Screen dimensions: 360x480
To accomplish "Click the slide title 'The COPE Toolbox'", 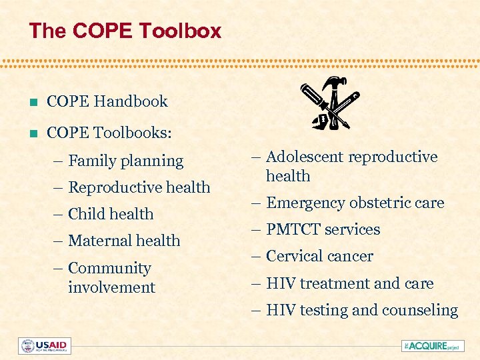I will [x=125, y=31].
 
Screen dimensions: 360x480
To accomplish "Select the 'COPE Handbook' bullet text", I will [x=107, y=102].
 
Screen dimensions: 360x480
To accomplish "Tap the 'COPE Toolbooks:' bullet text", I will [x=109, y=133].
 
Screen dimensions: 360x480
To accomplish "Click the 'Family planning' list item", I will [x=125, y=161].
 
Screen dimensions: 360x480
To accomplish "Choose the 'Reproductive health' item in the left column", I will [x=139, y=187].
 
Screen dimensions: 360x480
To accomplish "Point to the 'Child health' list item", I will [x=111, y=214].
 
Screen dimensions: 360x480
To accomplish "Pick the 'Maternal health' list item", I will [x=124, y=241].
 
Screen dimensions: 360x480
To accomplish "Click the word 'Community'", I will [x=109, y=268].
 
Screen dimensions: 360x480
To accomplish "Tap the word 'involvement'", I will [x=111, y=287].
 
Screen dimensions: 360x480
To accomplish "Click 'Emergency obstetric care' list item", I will [x=355, y=203].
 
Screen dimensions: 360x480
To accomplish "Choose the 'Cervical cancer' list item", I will [x=319, y=256].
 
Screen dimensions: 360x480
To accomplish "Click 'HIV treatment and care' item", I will [x=349, y=283].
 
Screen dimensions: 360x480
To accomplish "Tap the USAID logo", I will [x=45, y=346].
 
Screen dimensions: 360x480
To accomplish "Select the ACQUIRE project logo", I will [x=432, y=345].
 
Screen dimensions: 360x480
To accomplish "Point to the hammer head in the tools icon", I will [x=331, y=84].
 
